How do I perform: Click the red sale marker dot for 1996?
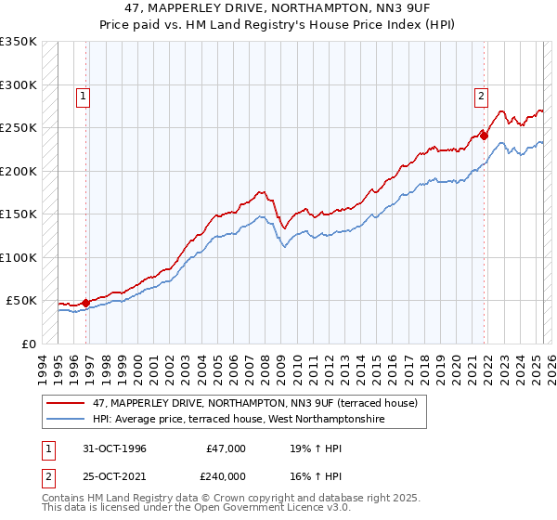pos(86,303)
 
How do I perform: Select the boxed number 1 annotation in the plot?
pos(84,95)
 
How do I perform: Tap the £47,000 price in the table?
pos(227,448)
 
